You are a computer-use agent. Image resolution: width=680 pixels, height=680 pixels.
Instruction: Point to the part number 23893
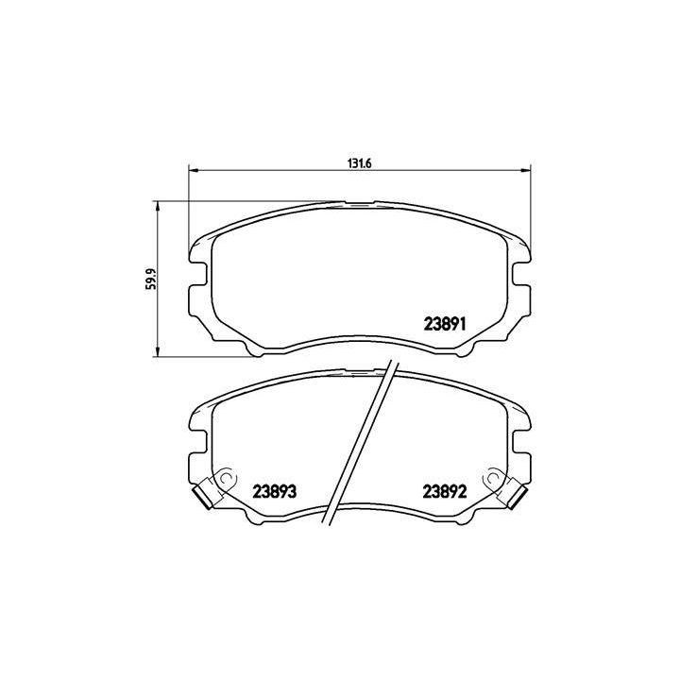pos(276,491)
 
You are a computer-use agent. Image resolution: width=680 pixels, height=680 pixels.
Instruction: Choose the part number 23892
pos(446,491)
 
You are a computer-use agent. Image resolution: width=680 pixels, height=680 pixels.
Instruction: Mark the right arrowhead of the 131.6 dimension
pos(525,171)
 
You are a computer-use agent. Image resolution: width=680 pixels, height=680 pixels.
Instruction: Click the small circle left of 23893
pos(226,480)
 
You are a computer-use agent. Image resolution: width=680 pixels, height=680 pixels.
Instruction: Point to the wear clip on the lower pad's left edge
pos(203,493)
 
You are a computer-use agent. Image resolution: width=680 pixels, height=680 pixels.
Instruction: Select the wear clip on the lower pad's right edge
pos(517,493)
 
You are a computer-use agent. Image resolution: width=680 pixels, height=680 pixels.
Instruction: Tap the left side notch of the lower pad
pos(199,441)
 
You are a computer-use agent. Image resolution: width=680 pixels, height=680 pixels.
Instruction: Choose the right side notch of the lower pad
pos(520,441)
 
